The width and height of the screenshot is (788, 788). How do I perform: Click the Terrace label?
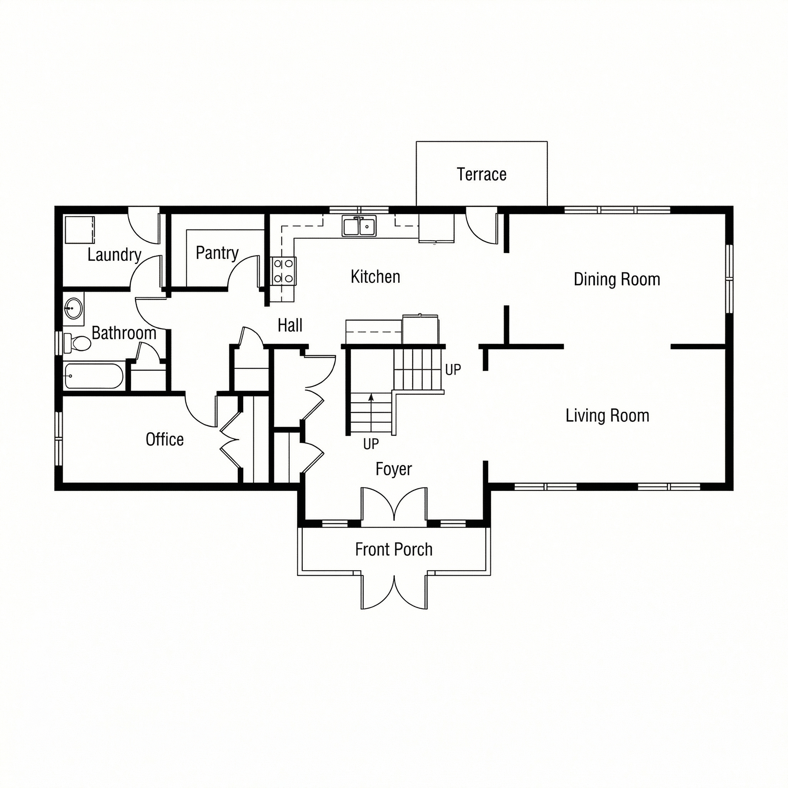tap(481, 175)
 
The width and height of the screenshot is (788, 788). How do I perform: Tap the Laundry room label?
tap(114, 255)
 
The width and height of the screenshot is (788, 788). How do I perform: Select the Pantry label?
tap(217, 253)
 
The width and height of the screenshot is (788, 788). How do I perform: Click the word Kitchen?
tap(375, 277)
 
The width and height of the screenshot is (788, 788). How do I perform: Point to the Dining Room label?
tap(617, 279)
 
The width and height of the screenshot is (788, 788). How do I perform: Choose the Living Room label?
tap(607, 416)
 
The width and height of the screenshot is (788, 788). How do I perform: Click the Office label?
tap(165, 440)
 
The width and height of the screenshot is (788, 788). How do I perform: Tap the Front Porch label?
tap(394, 549)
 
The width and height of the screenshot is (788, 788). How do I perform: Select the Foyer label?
tap(394, 469)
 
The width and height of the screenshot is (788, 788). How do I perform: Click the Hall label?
tap(290, 326)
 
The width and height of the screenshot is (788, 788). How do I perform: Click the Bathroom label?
tap(124, 333)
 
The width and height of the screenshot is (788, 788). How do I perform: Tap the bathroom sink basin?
tap(73, 308)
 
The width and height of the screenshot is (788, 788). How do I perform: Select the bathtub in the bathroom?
tap(94, 376)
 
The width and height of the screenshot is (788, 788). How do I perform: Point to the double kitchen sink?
tap(359, 227)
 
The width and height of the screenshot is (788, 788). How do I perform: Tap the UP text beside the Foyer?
tap(371, 444)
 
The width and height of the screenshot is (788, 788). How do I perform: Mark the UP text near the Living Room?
tap(453, 370)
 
